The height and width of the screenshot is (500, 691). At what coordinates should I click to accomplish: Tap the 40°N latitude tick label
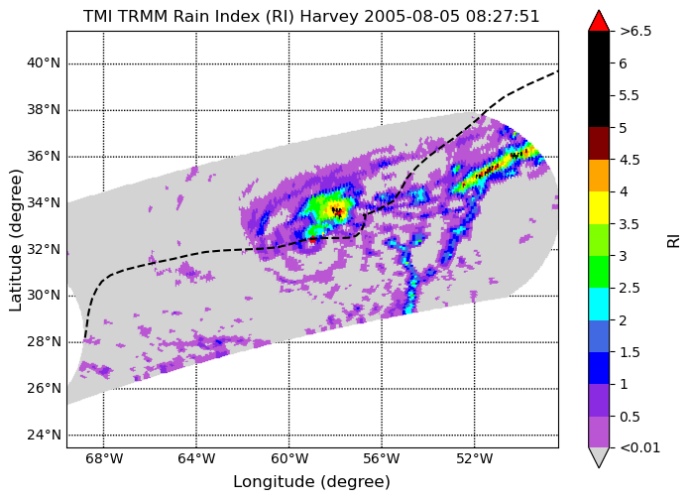click(x=44, y=63)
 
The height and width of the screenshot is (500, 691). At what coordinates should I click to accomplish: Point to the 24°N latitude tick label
click(x=44, y=435)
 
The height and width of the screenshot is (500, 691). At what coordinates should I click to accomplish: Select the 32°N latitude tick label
click(x=44, y=249)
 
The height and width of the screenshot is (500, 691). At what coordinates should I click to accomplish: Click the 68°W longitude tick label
click(x=104, y=459)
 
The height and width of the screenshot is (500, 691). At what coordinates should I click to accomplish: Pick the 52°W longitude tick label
click(x=475, y=459)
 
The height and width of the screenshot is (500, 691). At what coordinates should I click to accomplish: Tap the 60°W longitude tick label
click(x=289, y=459)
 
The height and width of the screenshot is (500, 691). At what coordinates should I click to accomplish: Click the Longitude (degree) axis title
click(x=311, y=482)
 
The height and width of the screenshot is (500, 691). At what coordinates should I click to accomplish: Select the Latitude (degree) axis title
click(x=16, y=240)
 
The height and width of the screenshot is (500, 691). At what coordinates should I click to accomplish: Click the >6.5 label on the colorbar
click(x=635, y=32)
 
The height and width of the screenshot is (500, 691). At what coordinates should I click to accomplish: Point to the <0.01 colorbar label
click(x=639, y=448)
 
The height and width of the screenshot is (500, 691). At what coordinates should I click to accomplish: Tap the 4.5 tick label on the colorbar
click(x=630, y=160)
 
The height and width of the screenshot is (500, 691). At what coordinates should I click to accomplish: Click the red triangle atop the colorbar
click(x=599, y=21)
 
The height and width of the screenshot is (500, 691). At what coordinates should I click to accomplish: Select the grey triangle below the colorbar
click(x=599, y=456)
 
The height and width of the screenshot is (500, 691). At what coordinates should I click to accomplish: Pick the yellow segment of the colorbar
click(x=599, y=207)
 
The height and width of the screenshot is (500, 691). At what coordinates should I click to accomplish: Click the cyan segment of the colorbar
click(x=599, y=304)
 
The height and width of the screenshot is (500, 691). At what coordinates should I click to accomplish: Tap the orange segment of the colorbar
click(x=599, y=176)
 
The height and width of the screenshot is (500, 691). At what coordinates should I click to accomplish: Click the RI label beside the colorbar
click(x=674, y=241)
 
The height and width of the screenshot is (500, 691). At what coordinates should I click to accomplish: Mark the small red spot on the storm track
click(x=312, y=240)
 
